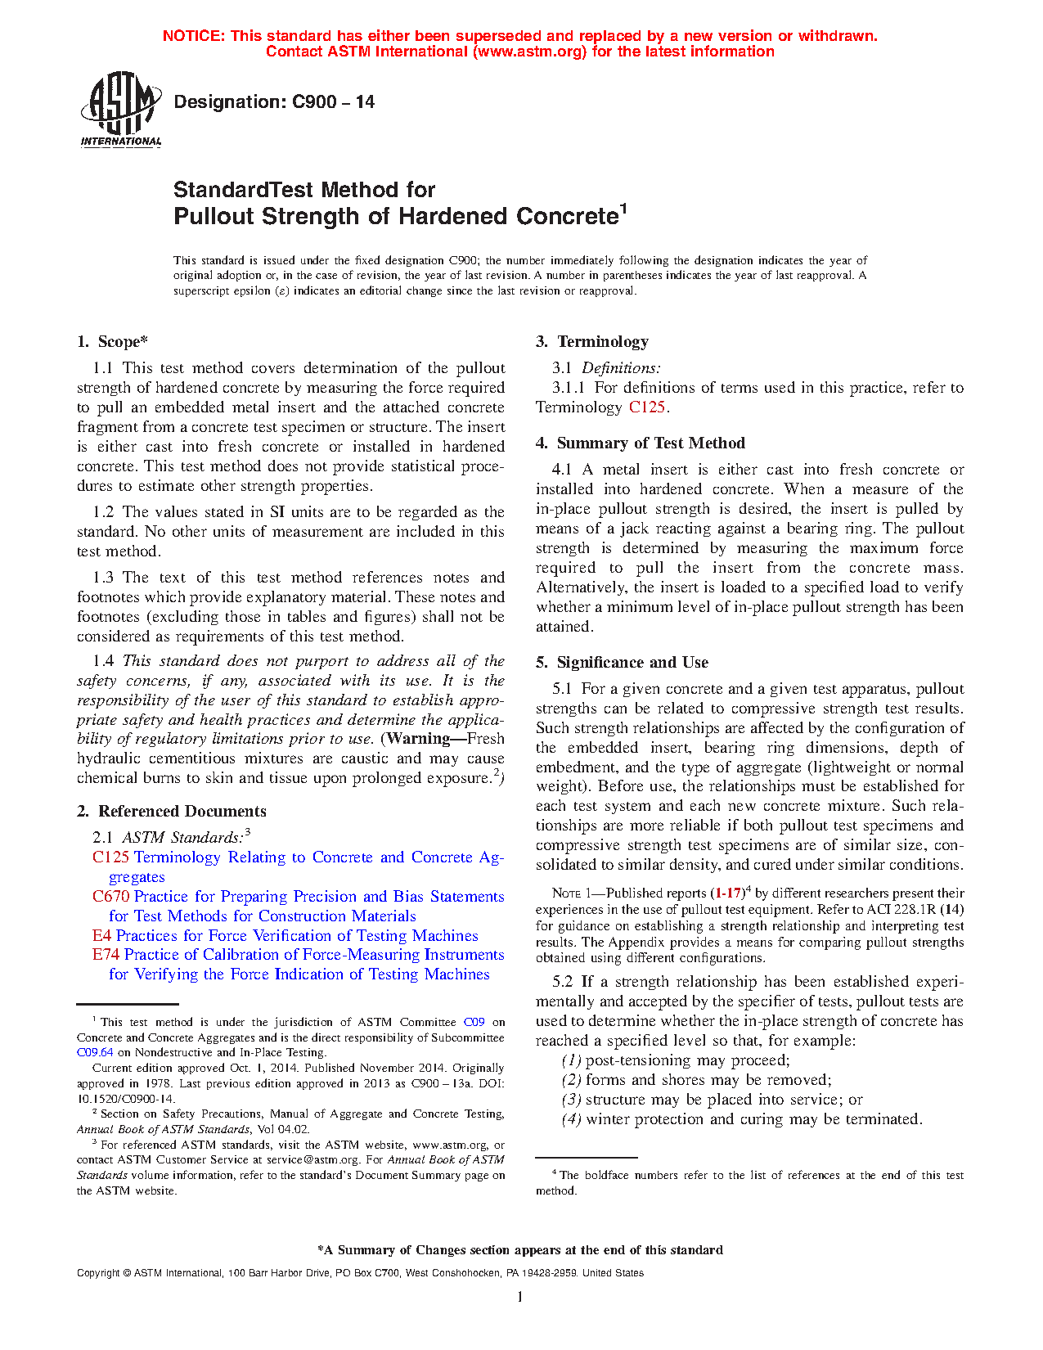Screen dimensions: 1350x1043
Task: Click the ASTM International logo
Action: (120, 108)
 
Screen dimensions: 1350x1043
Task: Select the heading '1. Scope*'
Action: (112, 342)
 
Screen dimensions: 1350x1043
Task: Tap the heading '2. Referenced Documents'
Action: (171, 811)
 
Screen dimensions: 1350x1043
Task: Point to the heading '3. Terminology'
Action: (592, 342)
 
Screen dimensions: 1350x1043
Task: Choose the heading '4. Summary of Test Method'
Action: (641, 443)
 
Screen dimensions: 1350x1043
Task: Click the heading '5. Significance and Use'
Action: (622, 663)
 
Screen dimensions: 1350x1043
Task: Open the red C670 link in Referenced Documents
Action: (110, 897)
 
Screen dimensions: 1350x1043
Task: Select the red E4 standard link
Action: (101, 936)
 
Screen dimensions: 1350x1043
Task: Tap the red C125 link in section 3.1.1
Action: (647, 407)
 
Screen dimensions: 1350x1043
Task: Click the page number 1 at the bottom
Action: (520, 1297)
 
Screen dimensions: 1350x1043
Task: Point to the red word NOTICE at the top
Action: (193, 36)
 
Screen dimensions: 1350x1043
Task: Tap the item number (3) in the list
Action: (571, 1100)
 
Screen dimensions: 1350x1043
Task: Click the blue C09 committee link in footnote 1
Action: (474, 1022)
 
